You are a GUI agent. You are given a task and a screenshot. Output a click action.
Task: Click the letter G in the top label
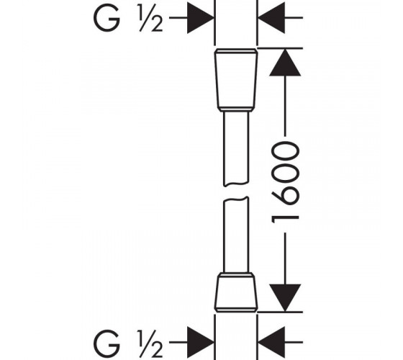107,17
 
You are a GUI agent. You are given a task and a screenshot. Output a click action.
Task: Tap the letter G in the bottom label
107,343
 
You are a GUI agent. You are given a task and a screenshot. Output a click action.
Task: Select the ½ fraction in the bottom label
151,343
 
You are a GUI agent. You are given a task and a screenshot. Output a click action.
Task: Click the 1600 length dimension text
285,182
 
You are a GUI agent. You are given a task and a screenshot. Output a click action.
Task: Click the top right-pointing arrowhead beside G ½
201,17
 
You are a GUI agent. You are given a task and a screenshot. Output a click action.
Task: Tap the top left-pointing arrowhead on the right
271,17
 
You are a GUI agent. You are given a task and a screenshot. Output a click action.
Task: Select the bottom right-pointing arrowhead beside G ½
201,342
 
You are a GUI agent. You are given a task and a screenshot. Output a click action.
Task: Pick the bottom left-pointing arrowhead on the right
271,342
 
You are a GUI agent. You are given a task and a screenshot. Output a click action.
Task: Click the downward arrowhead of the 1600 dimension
285,297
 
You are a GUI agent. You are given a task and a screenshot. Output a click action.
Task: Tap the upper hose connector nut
236,80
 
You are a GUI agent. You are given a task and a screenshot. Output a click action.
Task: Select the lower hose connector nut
236,292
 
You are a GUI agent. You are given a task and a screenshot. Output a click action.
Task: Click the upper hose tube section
236,148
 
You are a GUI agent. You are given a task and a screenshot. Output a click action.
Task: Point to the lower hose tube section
236,235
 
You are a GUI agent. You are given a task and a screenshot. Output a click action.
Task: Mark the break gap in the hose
236,192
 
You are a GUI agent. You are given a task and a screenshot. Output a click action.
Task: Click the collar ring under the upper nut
236,109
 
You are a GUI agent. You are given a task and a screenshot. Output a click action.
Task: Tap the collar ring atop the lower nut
236,275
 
